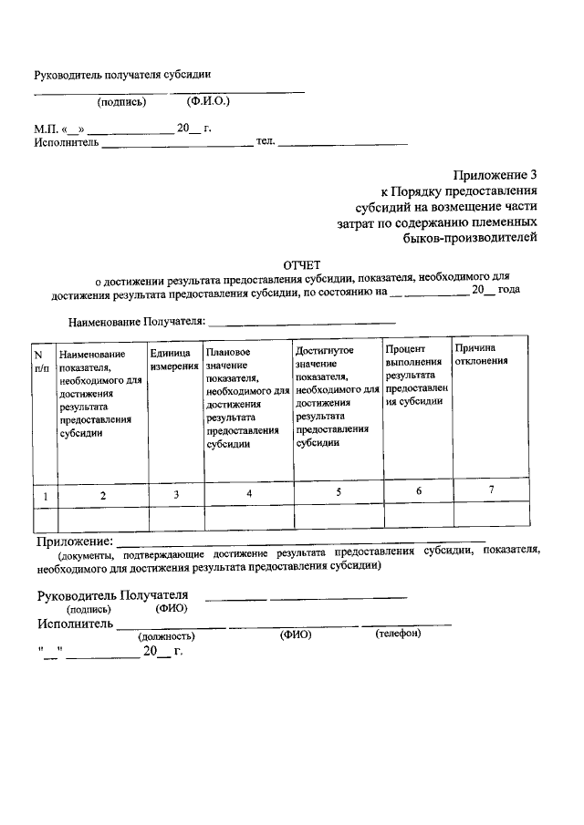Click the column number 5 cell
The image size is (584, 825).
[x=339, y=492]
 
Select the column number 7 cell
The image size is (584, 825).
[x=491, y=491]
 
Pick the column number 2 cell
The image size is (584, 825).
[x=103, y=494]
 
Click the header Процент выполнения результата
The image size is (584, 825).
[x=417, y=374]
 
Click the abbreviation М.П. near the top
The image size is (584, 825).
[x=45, y=129]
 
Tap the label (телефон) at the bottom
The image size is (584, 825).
[x=398, y=634]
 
